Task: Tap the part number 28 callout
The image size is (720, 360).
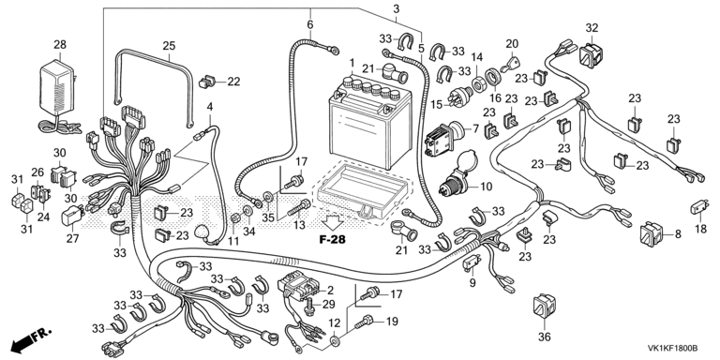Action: coord(60,45)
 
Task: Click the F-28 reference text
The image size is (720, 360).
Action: coord(333,239)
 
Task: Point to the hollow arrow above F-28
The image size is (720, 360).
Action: coord(333,222)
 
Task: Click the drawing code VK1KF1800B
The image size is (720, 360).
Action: coord(672,349)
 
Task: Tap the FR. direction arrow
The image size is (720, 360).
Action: coord(31,338)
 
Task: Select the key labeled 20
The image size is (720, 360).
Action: coord(507,65)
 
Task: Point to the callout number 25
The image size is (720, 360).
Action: coord(169,45)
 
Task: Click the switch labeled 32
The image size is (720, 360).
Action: coord(592,53)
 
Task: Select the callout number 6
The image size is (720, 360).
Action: coord(310,24)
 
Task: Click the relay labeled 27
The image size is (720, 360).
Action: coord(72,216)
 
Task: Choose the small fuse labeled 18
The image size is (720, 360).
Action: coord(699,207)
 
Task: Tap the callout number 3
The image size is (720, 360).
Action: coord(397,8)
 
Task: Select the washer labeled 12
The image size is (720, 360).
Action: coord(337,340)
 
